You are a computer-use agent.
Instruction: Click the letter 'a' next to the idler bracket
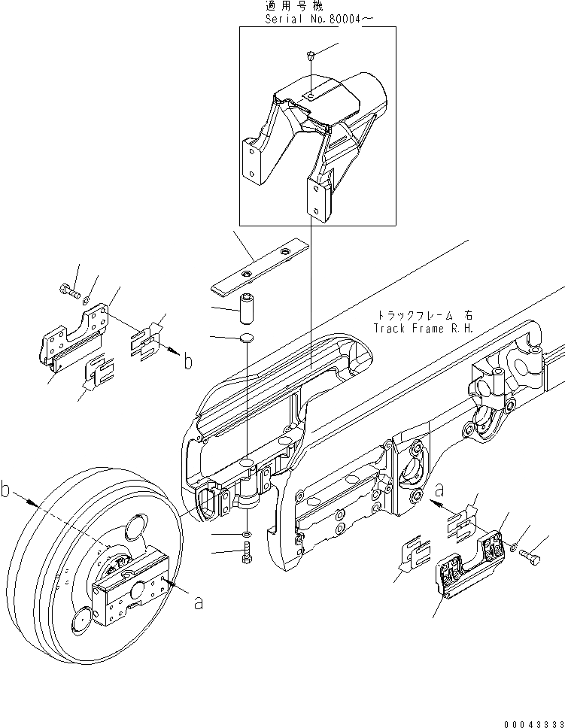tap(197, 602)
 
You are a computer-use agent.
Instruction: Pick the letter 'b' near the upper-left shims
tap(187, 362)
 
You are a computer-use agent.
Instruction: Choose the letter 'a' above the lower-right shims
tap(438, 490)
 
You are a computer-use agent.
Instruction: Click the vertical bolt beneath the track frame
tap(248, 557)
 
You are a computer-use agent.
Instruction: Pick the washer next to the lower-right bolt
tap(515, 549)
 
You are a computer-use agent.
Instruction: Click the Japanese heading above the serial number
tap(295, 5)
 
